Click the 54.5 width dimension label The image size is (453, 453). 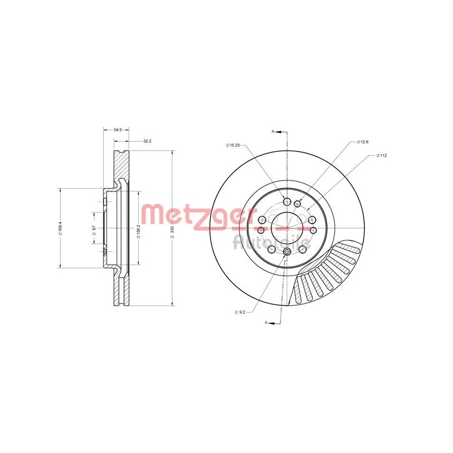[118, 130]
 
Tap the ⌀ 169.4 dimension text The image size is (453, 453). [60, 228]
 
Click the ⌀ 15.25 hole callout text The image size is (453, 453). [233, 146]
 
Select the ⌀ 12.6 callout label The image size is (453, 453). [362, 142]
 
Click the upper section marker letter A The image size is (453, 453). [272, 131]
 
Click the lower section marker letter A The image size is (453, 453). [267, 323]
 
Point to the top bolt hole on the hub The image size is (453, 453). [287, 202]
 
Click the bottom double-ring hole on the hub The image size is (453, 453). [287, 251]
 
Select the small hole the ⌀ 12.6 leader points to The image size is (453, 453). [298, 204]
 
